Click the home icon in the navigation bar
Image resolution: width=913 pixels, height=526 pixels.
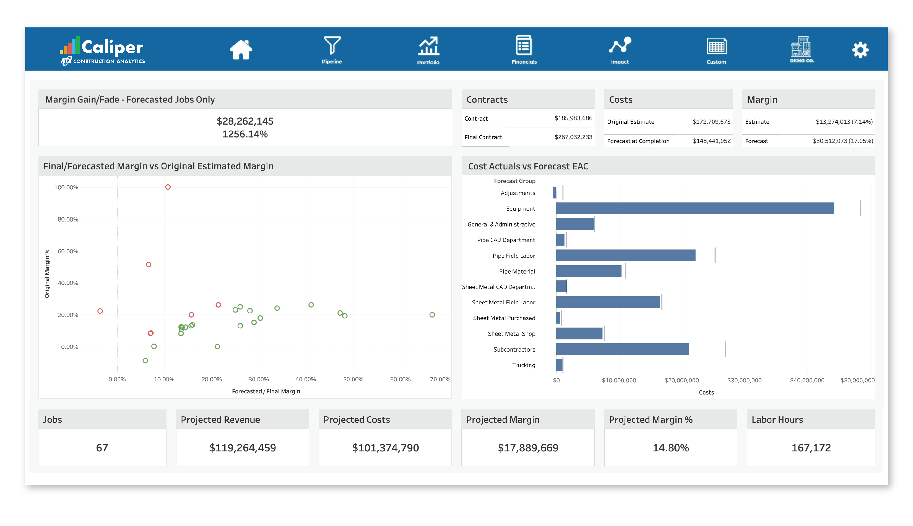(x=241, y=50)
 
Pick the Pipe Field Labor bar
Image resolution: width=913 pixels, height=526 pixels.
(x=625, y=256)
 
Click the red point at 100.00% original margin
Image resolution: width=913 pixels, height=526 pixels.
(x=168, y=187)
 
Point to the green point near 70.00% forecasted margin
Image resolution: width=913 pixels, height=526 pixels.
(x=432, y=315)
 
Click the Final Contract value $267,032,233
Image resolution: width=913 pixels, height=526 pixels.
(x=573, y=137)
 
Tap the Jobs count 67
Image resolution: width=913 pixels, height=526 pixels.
(x=102, y=448)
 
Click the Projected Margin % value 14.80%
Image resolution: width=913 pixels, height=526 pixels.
(x=670, y=448)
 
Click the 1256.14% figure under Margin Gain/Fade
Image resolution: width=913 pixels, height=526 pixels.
(x=245, y=134)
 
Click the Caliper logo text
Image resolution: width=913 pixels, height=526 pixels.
(x=112, y=47)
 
